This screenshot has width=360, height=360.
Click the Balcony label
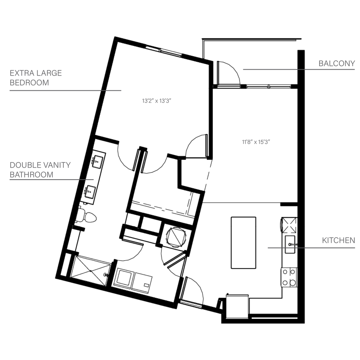click(x=337, y=64)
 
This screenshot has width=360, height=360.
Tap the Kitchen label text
click(x=339, y=240)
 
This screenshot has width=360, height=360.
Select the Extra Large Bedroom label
click(x=35, y=78)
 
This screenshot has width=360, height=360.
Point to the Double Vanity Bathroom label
click(x=40, y=169)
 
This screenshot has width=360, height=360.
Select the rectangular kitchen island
click(x=243, y=243)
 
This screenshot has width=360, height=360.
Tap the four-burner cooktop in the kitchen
click(x=289, y=277)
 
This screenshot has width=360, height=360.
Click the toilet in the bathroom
click(x=88, y=217)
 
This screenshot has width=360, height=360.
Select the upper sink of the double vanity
click(x=97, y=162)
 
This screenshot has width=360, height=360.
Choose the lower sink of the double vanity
click(x=91, y=192)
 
